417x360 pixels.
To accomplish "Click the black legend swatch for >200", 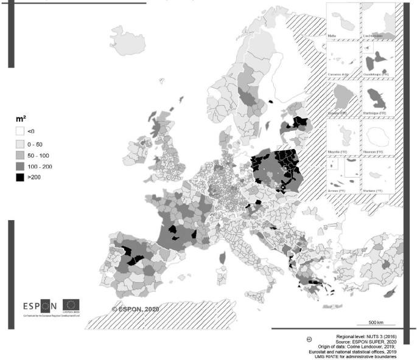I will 19,178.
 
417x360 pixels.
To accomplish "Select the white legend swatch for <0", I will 19,131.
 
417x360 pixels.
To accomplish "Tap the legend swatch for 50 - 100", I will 19,154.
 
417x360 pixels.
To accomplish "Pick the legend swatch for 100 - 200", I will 19,166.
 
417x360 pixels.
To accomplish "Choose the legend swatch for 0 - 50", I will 19,144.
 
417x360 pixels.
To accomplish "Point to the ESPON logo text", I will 40,305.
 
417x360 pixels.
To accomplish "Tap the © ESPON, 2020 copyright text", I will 136,309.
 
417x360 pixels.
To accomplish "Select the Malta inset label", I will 332,36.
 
